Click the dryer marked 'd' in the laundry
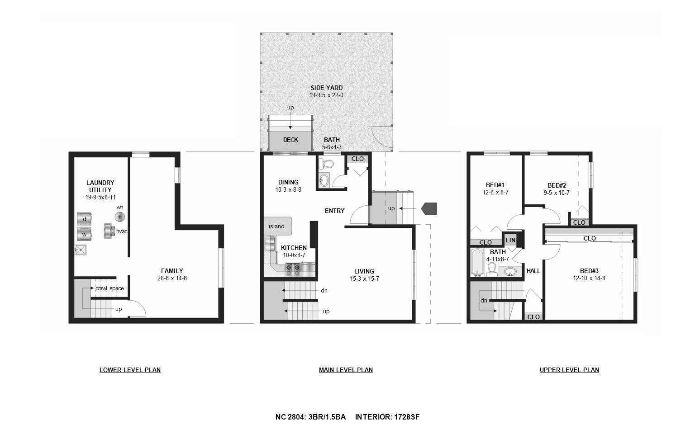[x=84, y=219]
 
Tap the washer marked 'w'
[x=84, y=234]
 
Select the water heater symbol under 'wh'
[x=120, y=217]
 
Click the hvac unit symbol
[x=109, y=231]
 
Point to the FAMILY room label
[x=172, y=271]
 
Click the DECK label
[x=290, y=140]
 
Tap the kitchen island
[x=277, y=226]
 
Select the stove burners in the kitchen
[x=293, y=270]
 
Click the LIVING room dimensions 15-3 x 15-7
[x=364, y=279]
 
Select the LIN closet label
[x=510, y=240]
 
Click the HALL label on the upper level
[x=533, y=271]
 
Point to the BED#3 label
[x=589, y=270]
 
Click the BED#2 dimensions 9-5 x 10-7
[x=557, y=193]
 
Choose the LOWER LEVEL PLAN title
[x=130, y=370]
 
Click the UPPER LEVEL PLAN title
[x=569, y=370]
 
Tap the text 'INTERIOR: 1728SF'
[x=387, y=417]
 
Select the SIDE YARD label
[x=326, y=88]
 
